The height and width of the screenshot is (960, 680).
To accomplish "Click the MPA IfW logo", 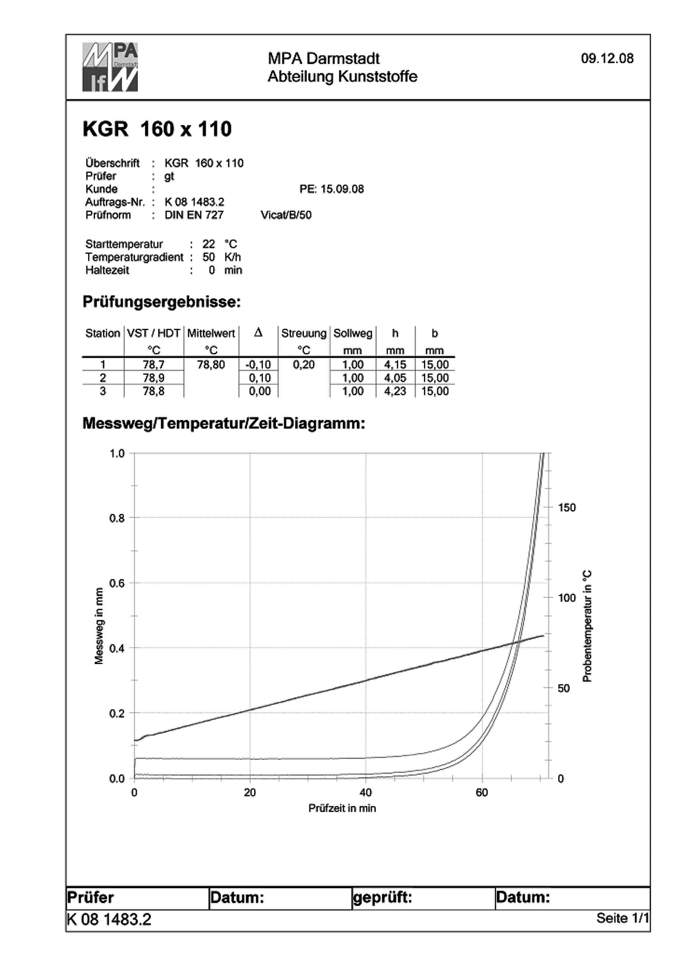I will (x=110, y=67).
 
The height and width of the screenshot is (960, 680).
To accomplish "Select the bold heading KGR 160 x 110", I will (x=157, y=129).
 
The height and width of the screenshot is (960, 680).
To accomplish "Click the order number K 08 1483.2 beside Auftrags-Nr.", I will (x=194, y=202).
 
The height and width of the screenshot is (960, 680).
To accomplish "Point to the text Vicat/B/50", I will (x=286, y=215).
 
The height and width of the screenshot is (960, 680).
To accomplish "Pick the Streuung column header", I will (x=304, y=333).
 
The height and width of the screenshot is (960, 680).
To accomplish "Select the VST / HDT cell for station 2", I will (x=154, y=378).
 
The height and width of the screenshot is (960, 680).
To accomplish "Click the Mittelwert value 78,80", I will (x=211, y=365).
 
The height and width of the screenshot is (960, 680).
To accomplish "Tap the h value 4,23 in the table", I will (x=395, y=391).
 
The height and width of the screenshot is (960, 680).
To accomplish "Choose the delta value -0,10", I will (x=258, y=365).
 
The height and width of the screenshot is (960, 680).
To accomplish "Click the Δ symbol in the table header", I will (x=258, y=333).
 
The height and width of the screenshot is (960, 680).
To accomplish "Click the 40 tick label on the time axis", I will (x=365, y=792).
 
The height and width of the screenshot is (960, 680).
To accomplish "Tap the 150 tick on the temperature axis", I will (x=566, y=507).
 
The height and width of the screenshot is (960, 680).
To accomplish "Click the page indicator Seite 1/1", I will (x=622, y=918).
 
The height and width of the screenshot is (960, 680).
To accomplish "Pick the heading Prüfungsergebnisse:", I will (x=161, y=302).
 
